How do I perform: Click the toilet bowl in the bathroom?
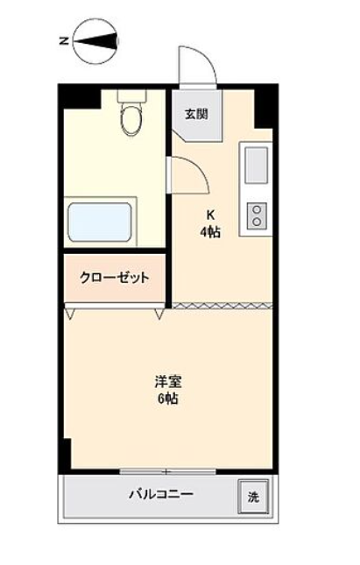[132, 118]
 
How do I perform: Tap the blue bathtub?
[100, 222]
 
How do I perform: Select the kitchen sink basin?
[257, 166]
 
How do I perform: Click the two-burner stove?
[257, 215]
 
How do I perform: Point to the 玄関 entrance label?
[196, 115]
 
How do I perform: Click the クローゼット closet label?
[114, 278]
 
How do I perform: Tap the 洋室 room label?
[168, 382]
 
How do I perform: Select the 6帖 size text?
[168, 399]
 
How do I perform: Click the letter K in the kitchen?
[210, 215]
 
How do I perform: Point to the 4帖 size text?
[210, 232]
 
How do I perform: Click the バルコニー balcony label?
[161, 494]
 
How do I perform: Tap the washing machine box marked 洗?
[253, 496]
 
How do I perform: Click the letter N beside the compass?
[64, 41]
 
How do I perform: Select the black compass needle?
[96, 41]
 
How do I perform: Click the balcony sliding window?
[167, 471]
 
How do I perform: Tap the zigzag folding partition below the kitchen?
[222, 306]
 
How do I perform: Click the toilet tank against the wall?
[132, 95]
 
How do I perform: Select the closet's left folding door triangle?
[70, 312]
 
